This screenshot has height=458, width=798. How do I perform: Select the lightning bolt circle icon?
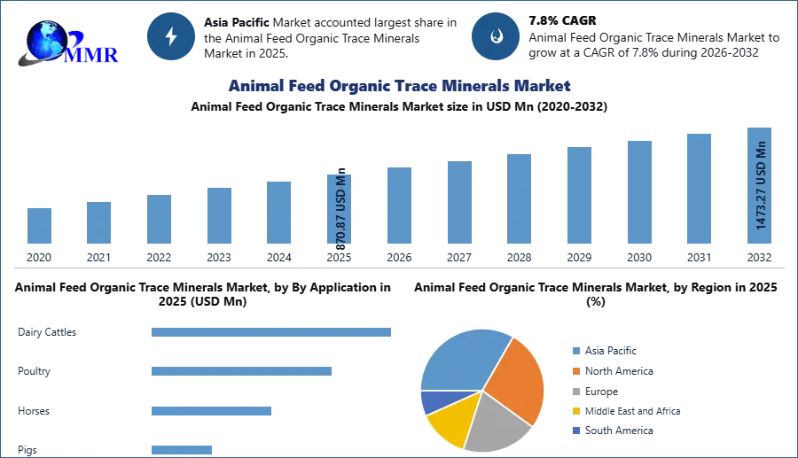click(172, 36)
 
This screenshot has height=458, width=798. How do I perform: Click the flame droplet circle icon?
click(496, 36)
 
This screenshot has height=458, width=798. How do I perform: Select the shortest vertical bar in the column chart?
click(39, 227)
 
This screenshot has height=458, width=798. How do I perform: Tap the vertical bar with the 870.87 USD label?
click(340, 211)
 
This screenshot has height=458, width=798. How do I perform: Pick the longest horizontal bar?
click(272, 332)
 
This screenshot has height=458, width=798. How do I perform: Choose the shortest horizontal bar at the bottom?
click(181, 447)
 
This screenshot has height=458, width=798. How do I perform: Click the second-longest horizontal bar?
click(240, 369)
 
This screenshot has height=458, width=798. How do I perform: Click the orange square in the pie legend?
click(575, 371)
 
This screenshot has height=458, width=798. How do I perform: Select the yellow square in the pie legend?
click(575, 411)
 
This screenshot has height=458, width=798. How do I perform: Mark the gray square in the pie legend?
click(575, 392)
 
